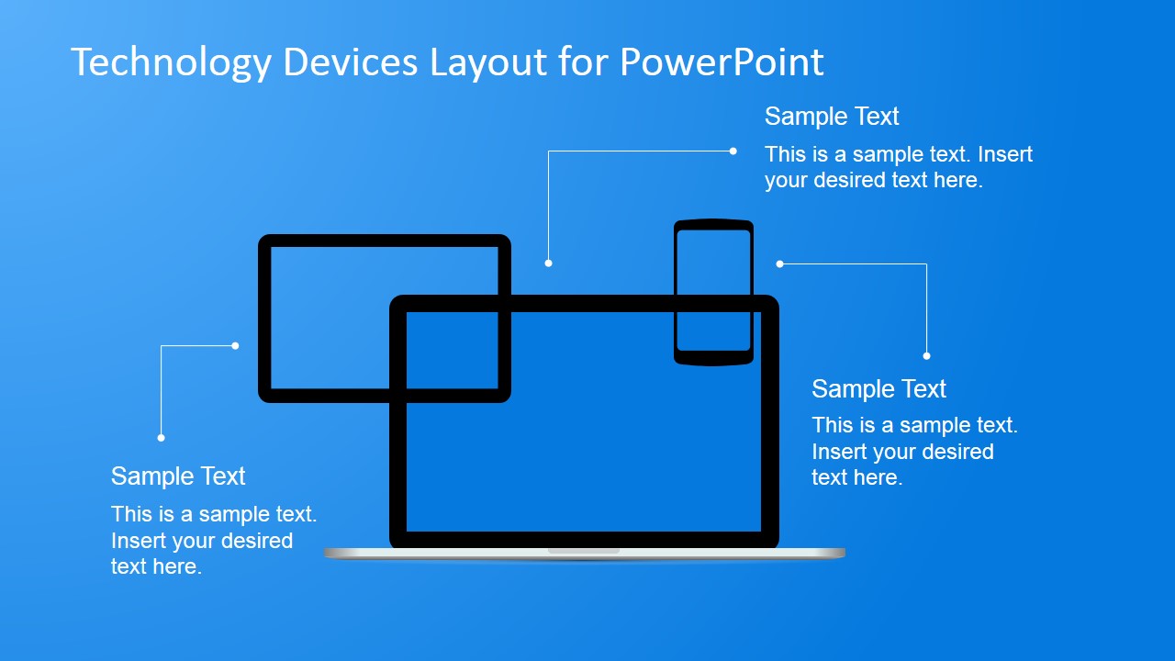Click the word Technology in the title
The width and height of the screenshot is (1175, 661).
[x=171, y=62]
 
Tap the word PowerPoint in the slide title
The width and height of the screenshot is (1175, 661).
[x=722, y=62]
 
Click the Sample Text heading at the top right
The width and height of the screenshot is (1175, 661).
[x=832, y=117]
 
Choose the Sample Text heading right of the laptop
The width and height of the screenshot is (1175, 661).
[x=878, y=389]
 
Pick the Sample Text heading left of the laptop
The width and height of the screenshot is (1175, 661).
[x=178, y=476]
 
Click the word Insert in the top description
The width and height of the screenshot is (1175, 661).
[x=1005, y=154]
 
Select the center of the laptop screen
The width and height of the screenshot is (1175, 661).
[x=584, y=421]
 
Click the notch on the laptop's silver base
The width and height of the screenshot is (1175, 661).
[x=584, y=551]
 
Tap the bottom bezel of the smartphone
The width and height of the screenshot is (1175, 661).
[x=713, y=358]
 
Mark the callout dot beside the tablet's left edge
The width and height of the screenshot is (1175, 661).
[x=235, y=346]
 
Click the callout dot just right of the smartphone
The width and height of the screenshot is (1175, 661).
[x=779, y=264]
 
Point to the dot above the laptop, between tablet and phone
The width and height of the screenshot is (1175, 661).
[x=548, y=263]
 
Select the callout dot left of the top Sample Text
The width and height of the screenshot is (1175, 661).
[x=733, y=151]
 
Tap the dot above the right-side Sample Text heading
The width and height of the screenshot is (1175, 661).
[x=926, y=356]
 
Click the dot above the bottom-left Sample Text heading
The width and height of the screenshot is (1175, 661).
[x=161, y=438]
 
